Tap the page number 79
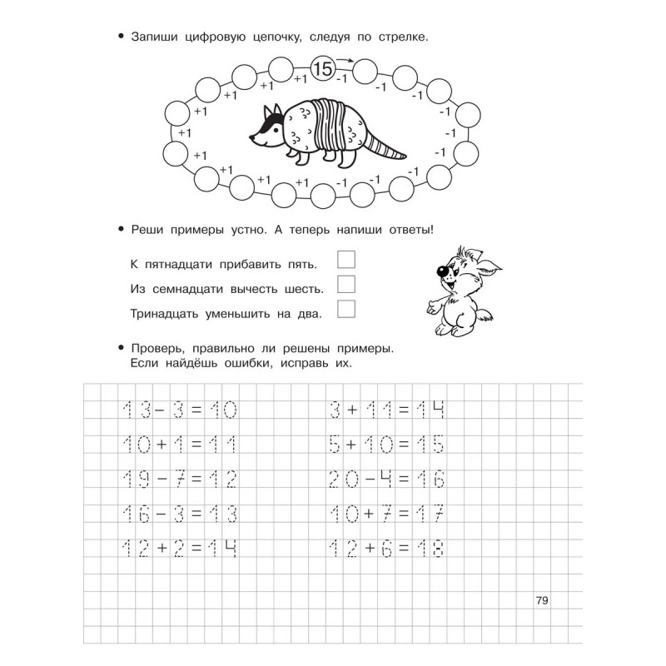(x=542, y=601)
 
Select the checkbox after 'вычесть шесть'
(x=346, y=284)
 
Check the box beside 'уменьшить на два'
(x=346, y=309)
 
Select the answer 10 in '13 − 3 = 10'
(x=221, y=410)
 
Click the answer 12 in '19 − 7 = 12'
(x=221, y=480)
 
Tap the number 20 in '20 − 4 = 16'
(x=341, y=480)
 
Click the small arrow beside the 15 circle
(x=343, y=61)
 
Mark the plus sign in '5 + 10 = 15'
(x=351, y=445)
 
